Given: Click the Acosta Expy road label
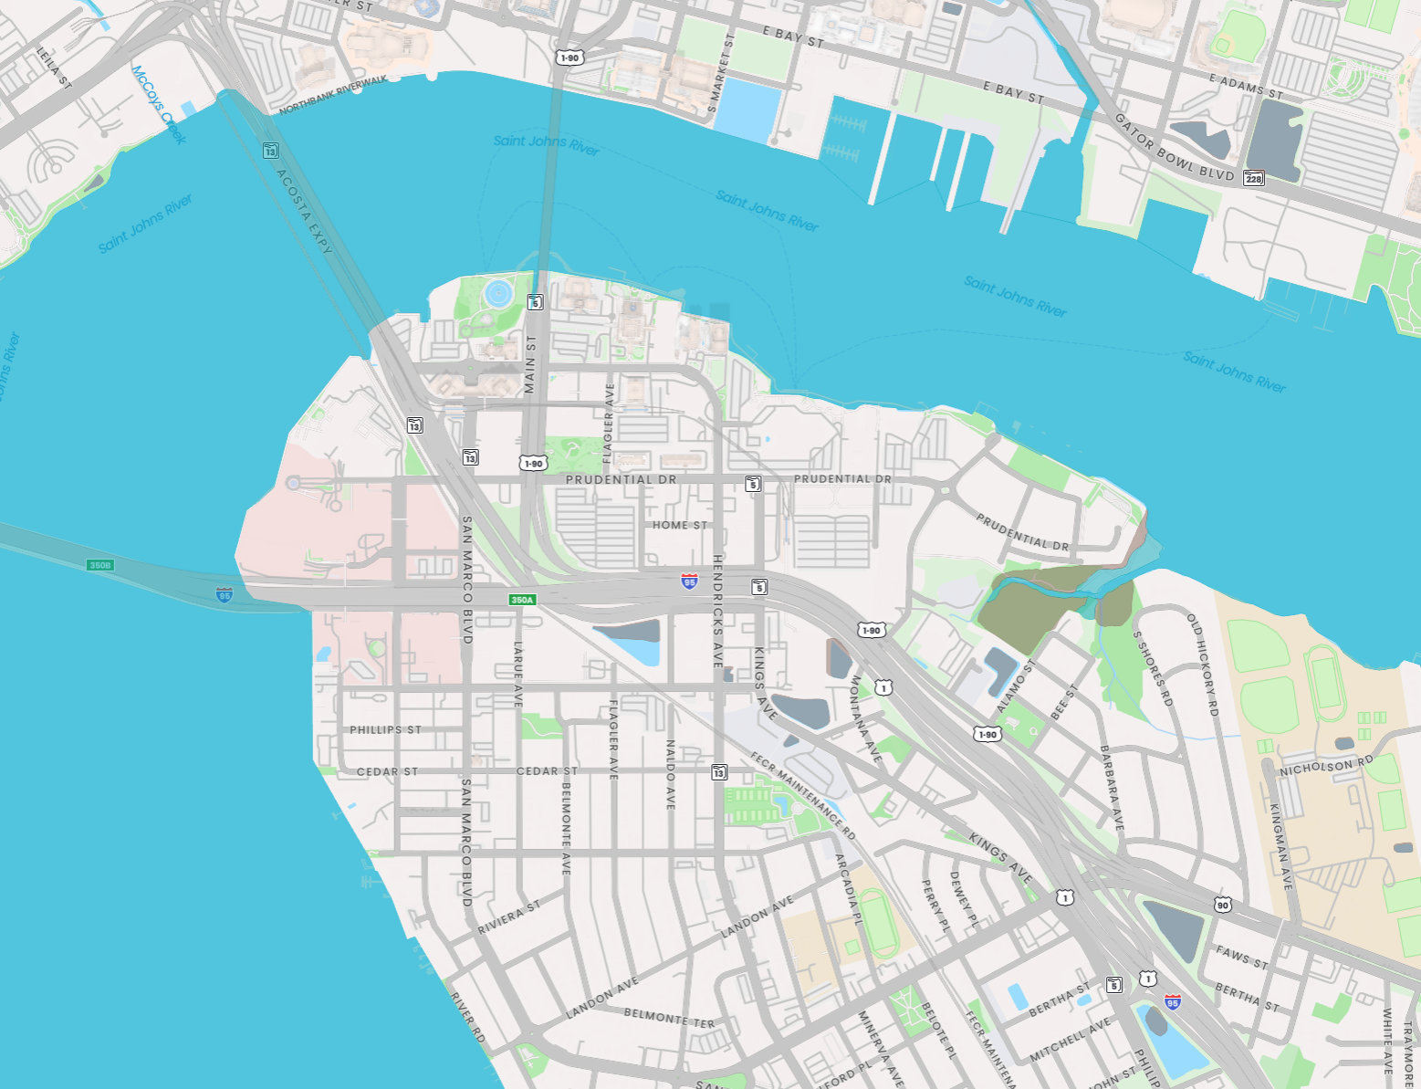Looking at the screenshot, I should pyautogui.click(x=304, y=212).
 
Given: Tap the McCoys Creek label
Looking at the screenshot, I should pyautogui.click(x=159, y=104).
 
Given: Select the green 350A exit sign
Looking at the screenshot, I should pyautogui.click(x=522, y=600).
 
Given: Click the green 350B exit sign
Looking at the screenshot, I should pyautogui.click(x=99, y=565).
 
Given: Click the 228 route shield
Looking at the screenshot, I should pyautogui.click(x=1254, y=178).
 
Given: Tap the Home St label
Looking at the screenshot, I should pyautogui.click(x=680, y=525).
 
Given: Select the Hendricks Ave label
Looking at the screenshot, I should pyautogui.click(x=718, y=611).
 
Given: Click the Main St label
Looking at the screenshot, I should pyautogui.click(x=530, y=364).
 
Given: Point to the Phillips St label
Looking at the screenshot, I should pyautogui.click(x=385, y=729).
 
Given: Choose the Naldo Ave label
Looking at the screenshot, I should pyautogui.click(x=671, y=774).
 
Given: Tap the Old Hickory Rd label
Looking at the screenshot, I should pyautogui.click(x=1202, y=664).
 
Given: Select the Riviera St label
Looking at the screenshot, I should pyautogui.click(x=509, y=917).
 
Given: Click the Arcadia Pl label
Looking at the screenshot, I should pyautogui.click(x=849, y=889).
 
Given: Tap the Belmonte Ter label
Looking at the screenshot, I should pyautogui.click(x=669, y=1018).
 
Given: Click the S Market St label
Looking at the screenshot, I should pyautogui.click(x=720, y=74).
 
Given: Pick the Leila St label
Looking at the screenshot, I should pyautogui.click(x=54, y=68).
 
